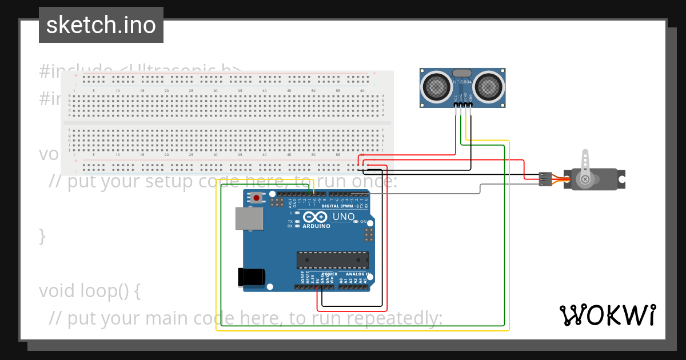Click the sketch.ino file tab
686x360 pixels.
tap(101, 25)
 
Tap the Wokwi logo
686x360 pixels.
tap(607, 315)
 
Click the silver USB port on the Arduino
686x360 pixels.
tap(249, 218)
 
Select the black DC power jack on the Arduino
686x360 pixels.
tap(251, 277)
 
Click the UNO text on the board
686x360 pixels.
tap(344, 217)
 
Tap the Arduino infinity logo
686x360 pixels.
tap(316, 217)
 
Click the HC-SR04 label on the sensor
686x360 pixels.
tap(462, 82)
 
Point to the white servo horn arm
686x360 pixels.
tap(585, 166)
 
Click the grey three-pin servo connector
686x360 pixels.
tap(545, 179)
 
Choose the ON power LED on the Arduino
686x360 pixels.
tap(356, 221)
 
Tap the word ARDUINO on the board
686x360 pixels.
tap(316, 226)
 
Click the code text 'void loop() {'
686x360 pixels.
tap(89, 291)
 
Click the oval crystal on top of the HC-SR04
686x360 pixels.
tap(462, 73)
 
